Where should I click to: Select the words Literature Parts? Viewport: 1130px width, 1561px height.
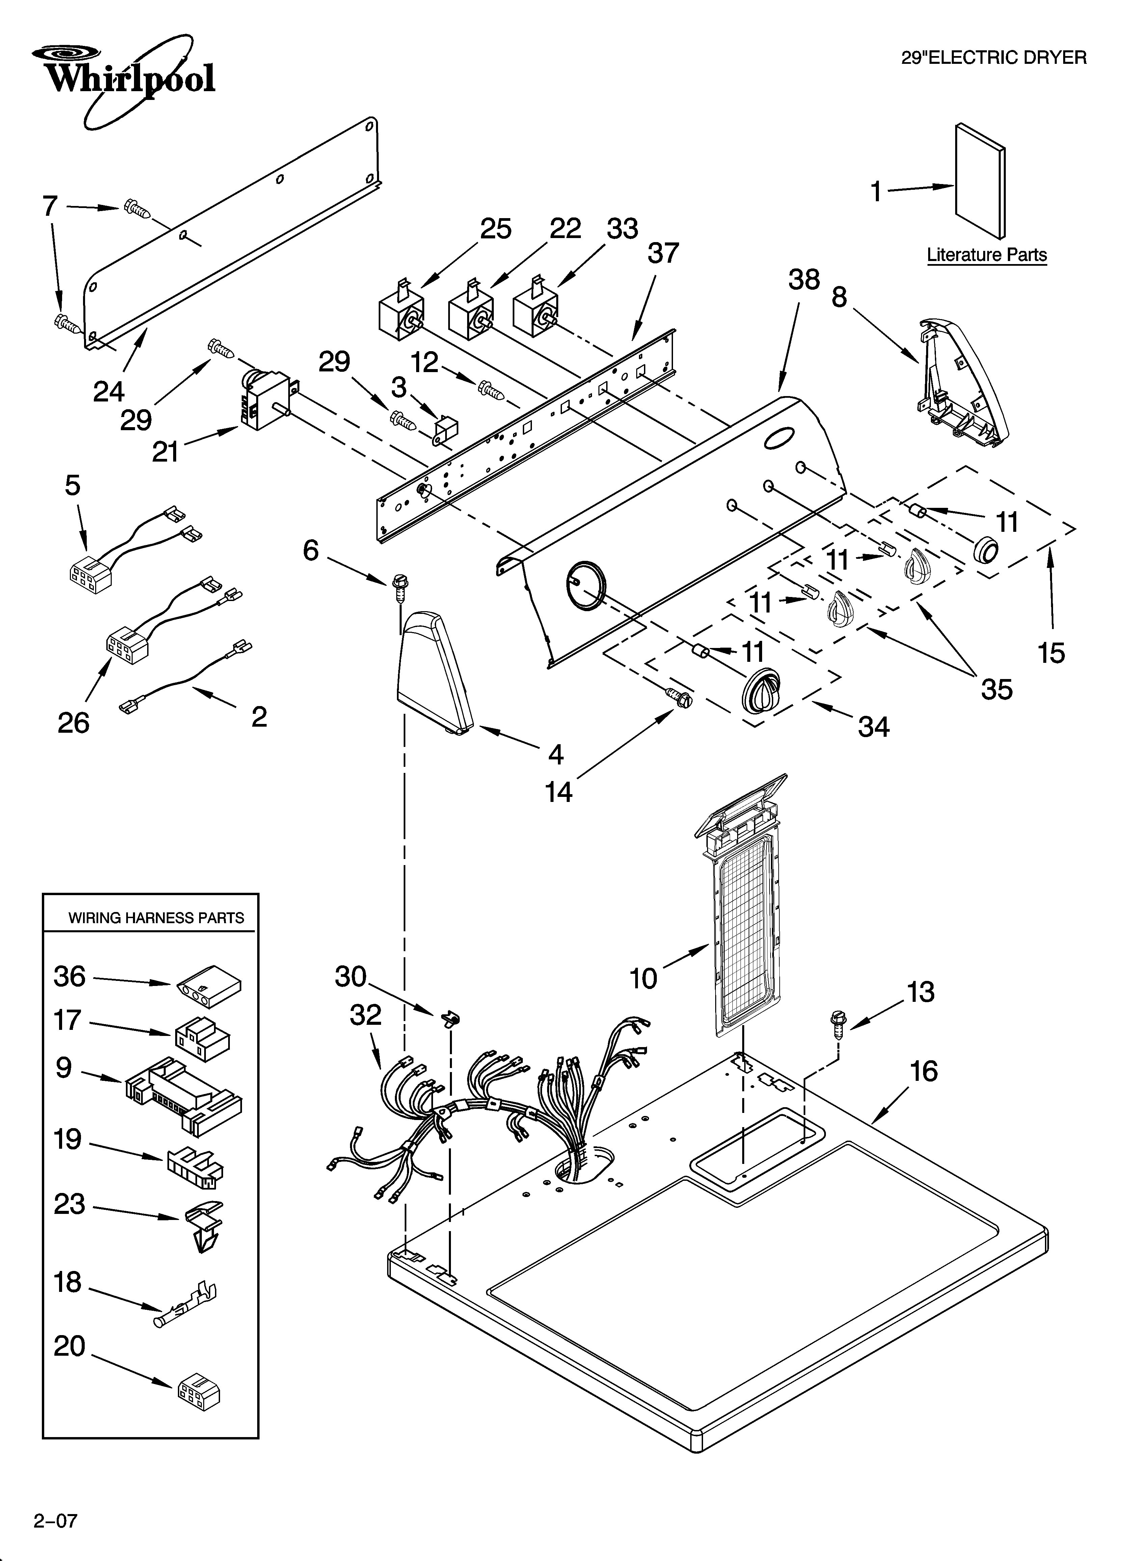tap(986, 255)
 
